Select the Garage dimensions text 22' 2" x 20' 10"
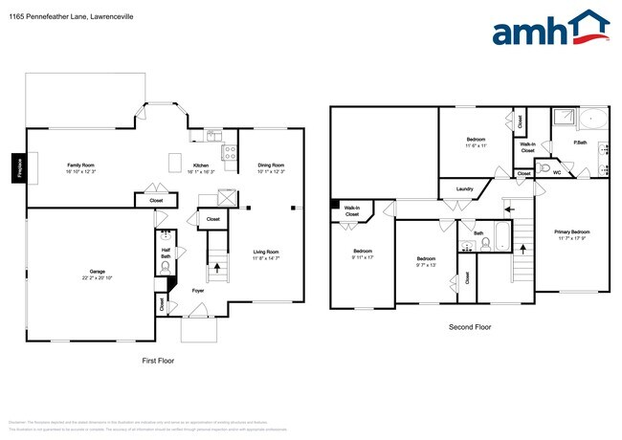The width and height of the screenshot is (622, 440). point(91,277)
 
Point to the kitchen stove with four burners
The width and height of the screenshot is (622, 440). point(230,152)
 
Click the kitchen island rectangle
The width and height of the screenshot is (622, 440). point(176,163)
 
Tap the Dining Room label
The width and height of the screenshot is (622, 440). point(272,165)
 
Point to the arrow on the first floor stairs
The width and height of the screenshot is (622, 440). point(217,269)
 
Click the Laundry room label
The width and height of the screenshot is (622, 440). point(465,189)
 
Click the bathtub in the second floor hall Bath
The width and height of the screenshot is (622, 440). point(500,244)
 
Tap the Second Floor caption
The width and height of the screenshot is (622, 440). point(470,327)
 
